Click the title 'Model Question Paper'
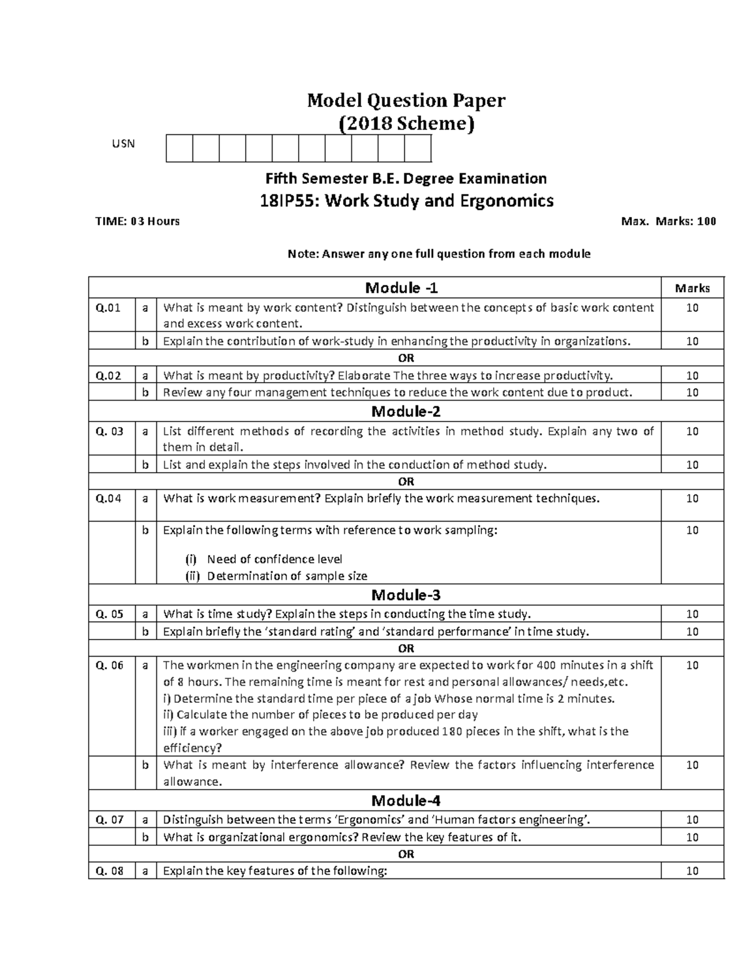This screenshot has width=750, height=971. [406, 100]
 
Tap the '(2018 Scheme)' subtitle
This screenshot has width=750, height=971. [406, 124]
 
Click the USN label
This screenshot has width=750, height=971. [123, 144]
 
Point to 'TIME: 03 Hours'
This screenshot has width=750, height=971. [137, 221]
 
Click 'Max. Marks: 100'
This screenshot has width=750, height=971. [668, 221]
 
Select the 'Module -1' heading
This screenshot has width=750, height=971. [402, 288]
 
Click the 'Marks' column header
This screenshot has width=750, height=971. [692, 288]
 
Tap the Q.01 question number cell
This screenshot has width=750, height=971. [108, 308]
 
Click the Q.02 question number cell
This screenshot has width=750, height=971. [108, 375]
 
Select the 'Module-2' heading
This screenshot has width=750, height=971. [406, 411]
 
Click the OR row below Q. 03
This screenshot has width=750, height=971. [406, 481]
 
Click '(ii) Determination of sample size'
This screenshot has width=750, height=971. [276, 576]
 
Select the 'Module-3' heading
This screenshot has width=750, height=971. [406, 595]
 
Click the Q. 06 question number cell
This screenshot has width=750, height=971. [110, 665]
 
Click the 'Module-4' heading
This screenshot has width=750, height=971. [406, 801]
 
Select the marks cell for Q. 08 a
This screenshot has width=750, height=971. [692, 871]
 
